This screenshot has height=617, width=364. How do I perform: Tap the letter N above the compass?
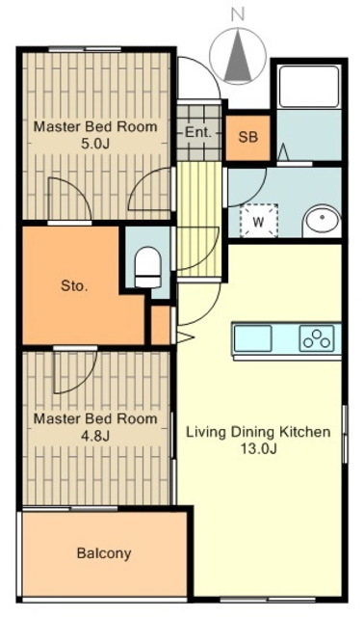pyautogui.click(x=238, y=14)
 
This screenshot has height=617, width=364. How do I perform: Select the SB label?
pyautogui.click(x=248, y=137)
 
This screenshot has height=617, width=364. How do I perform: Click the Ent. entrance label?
pyautogui.click(x=198, y=132)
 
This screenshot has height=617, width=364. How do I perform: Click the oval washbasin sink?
pyautogui.click(x=323, y=219)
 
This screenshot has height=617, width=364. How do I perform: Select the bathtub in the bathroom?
pyautogui.click(x=308, y=87)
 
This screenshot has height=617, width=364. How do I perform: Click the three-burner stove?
pyautogui.click(x=317, y=338)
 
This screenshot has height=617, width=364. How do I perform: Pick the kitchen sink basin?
pyautogui.click(x=252, y=338)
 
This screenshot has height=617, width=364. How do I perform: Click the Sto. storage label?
pyautogui.click(x=74, y=285)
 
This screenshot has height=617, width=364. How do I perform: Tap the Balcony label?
pyautogui.click(x=104, y=553)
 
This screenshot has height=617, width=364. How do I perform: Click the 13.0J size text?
pyautogui.click(x=258, y=448)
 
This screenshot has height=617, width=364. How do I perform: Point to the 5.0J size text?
pyautogui.click(x=95, y=144)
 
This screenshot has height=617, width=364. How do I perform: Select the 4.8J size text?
pyautogui.click(x=95, y=436)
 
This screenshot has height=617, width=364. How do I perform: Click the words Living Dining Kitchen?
pyautogui.click(x=258, y=432)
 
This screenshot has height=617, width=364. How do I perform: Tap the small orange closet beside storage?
pyautogui.click(x=161, y=325)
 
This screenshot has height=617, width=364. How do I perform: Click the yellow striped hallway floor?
pyautogui.click(x=199, y=219)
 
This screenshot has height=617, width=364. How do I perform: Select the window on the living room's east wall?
pyautogui.click(x=345, y=434)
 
